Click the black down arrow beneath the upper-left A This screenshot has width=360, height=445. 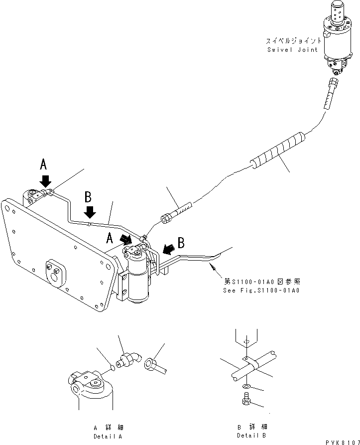(45, 180)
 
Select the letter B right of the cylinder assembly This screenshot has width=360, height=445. (181, 243)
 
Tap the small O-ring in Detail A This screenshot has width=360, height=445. (112, 369)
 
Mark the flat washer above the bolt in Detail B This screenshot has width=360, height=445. (244, 387)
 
